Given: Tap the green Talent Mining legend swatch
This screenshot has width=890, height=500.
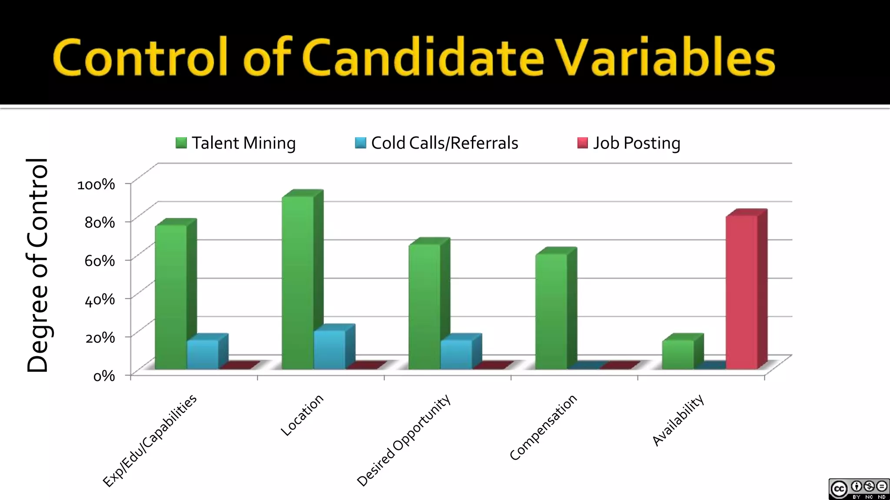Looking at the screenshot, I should (181, 143).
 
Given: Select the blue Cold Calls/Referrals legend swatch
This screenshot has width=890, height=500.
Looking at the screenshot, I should (360, 143).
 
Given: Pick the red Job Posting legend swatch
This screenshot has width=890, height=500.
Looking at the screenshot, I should (582, 143).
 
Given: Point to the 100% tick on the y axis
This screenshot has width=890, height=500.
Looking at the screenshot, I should (96, 184).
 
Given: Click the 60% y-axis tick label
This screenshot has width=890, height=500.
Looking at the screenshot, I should (100, 261).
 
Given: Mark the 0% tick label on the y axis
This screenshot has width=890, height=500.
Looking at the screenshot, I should (104, 376).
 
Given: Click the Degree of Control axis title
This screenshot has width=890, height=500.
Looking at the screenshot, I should (37, 265).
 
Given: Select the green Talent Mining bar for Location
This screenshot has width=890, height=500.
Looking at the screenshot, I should (298, 282).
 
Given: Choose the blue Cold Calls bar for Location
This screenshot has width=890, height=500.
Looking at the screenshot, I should (329, 349).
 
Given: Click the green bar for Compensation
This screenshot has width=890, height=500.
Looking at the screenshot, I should (551, 311).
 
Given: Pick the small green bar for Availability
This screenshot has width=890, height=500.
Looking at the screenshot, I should (678, 354).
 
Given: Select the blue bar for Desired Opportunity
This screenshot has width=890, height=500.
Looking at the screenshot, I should (456, 354).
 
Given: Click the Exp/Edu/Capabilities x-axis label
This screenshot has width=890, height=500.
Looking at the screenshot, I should (150, 440).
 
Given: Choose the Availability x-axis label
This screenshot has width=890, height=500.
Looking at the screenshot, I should (678, 420).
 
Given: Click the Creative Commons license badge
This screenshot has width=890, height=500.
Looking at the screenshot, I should (859, 489).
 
